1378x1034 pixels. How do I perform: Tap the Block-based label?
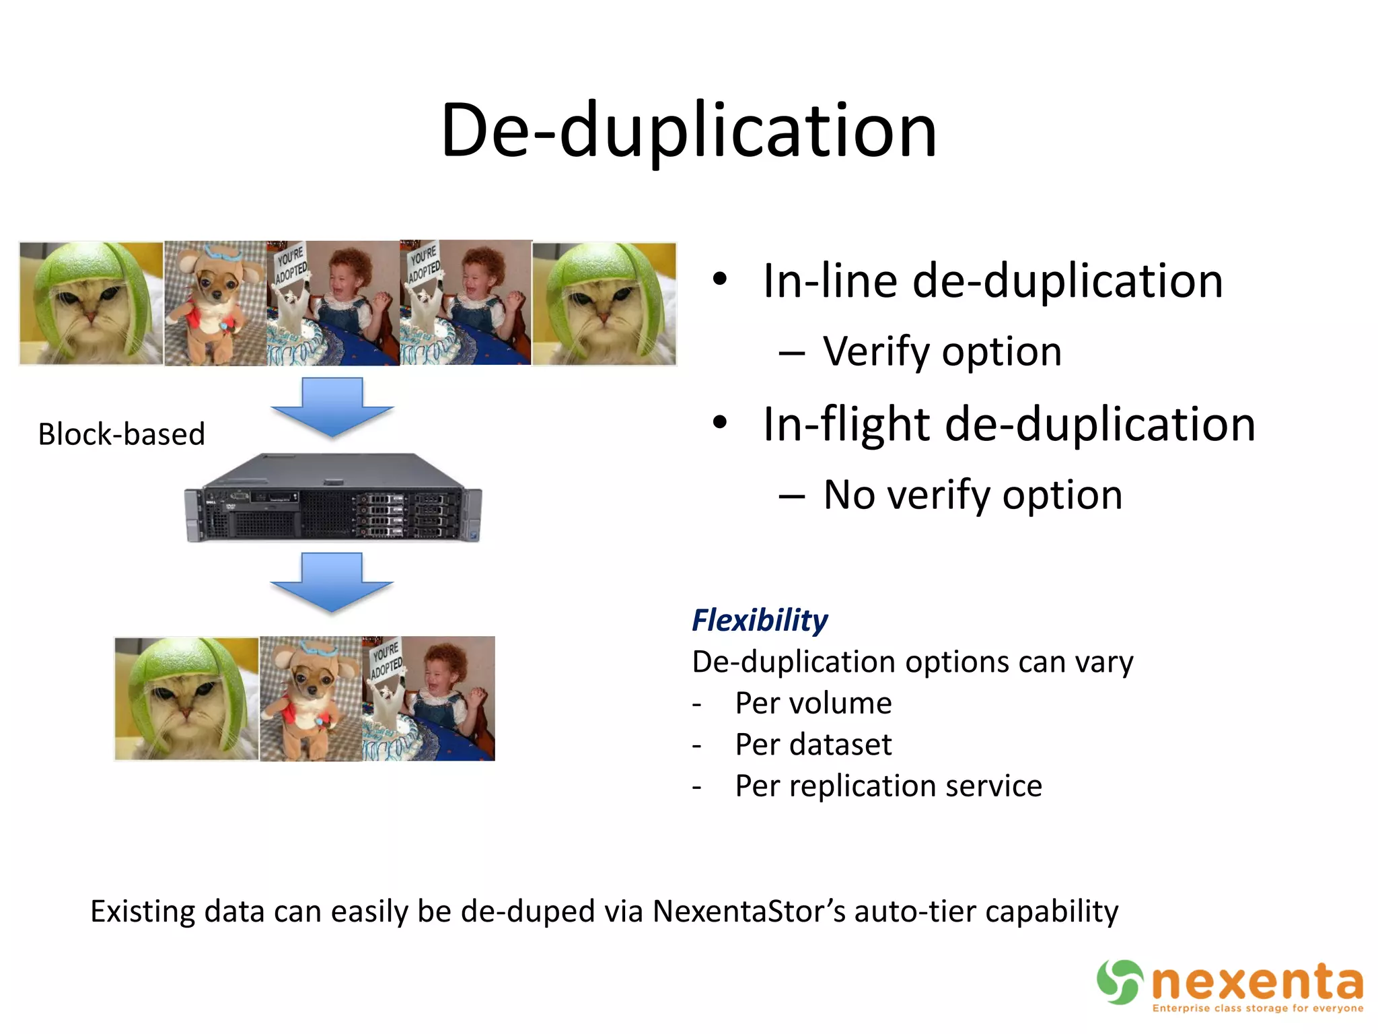click(121, 434)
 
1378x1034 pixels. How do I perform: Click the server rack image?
click(333, 498)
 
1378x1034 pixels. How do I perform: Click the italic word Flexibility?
click(760, 620)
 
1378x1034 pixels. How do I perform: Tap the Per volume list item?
click(813, 703)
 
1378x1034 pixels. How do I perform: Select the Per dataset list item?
click(813, 745)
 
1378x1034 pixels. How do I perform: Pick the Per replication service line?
click(888, 786)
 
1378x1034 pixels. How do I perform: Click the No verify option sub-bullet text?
click(972, 495)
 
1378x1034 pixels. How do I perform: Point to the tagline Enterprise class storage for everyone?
click(1257, 1008)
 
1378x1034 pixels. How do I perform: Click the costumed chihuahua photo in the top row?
click(215, 304)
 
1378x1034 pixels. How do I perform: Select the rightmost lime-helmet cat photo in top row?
click(604, 304)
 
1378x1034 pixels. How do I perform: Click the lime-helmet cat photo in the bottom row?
click(186, 699)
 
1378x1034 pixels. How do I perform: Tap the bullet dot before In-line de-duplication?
click(720, 279)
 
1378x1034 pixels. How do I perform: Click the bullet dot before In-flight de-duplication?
click(720, 423)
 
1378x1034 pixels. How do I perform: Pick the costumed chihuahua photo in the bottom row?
click(311, 699)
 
